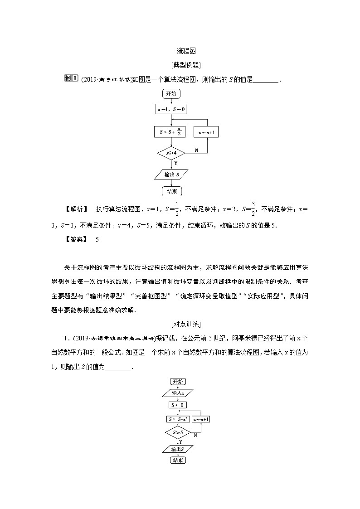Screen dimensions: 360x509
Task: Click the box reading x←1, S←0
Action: (171, 109)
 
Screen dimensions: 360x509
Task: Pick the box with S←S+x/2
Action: (171, 132)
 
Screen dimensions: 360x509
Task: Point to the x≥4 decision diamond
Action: (171, 153)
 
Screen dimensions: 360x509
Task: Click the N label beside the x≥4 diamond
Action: (196, 150)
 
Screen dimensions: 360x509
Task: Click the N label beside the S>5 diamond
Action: (195, 436)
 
